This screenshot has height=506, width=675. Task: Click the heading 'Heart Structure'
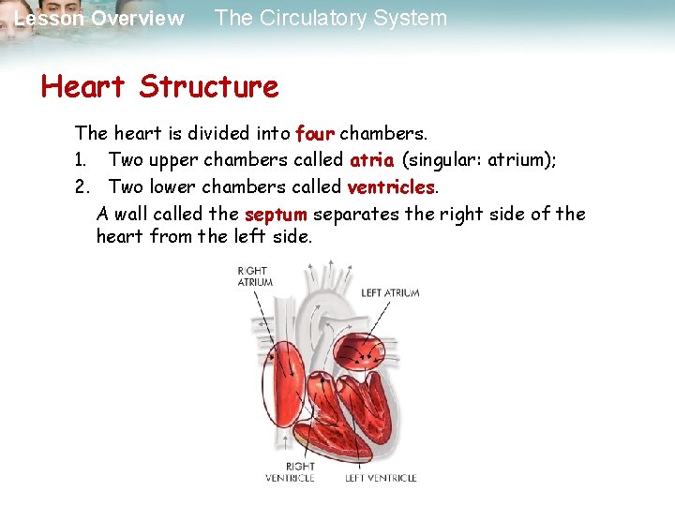click(159, 87)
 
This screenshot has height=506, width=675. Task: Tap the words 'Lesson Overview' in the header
click(99, 19)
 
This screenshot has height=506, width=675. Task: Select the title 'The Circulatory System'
click(330, 18)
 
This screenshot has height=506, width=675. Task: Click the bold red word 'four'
click(314, 133)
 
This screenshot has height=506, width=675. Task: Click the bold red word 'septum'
click(275, 215)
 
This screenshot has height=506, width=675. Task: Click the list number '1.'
click(82, 160)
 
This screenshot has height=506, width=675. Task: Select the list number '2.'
click(82, 186)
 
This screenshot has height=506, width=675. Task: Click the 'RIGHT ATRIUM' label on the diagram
click(254, 275)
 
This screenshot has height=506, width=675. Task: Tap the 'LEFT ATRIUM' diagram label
click(390, 293)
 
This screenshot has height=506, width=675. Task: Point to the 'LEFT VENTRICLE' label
click(381, 478)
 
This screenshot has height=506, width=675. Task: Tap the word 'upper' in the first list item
click(172, 160)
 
